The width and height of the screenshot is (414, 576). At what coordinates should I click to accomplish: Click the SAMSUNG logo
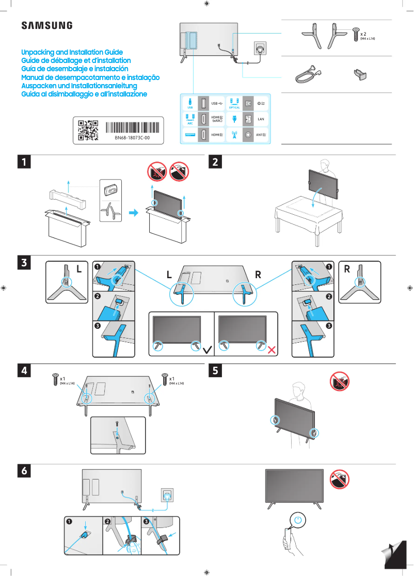pos(46,25)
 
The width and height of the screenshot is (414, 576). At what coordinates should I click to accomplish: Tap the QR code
pos(88,130)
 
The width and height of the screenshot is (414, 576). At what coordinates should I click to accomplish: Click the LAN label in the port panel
pos(261,119)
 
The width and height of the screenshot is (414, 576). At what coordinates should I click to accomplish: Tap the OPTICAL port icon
pos(234,101)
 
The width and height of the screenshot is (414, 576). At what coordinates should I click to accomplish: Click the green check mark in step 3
pos(208,349)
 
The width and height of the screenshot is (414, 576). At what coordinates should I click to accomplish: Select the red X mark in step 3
pos(272,350)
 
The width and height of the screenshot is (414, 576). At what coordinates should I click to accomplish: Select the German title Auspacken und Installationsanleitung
pos(78,86)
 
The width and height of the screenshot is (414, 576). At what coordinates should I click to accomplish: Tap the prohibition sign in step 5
pos(340,382)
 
